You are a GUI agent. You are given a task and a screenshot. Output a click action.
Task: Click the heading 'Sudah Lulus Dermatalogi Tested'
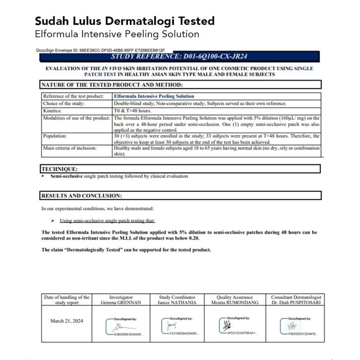124,21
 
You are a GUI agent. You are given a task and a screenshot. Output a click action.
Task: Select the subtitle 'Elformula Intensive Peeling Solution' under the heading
117,34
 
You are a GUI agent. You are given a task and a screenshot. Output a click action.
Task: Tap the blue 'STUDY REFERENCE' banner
180,56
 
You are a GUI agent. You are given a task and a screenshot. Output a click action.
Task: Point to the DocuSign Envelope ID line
101,50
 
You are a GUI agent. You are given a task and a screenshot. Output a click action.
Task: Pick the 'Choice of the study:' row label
64,104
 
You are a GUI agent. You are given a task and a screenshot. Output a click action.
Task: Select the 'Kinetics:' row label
53,111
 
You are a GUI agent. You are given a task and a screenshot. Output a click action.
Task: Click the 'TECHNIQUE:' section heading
59,169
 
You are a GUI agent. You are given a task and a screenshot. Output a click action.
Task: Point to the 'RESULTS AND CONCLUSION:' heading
81,196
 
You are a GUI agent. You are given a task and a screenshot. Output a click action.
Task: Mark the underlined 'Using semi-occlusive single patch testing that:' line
107,221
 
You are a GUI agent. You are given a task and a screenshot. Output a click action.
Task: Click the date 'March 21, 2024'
67,321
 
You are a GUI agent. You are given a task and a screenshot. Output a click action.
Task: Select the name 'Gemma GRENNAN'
121,302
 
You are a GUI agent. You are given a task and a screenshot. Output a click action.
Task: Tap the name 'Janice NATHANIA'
177,302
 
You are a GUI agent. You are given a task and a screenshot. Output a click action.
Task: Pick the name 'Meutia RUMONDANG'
235,302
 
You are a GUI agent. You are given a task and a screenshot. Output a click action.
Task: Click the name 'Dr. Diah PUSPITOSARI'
296,302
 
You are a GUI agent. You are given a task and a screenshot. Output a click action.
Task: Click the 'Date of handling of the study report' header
67,300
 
